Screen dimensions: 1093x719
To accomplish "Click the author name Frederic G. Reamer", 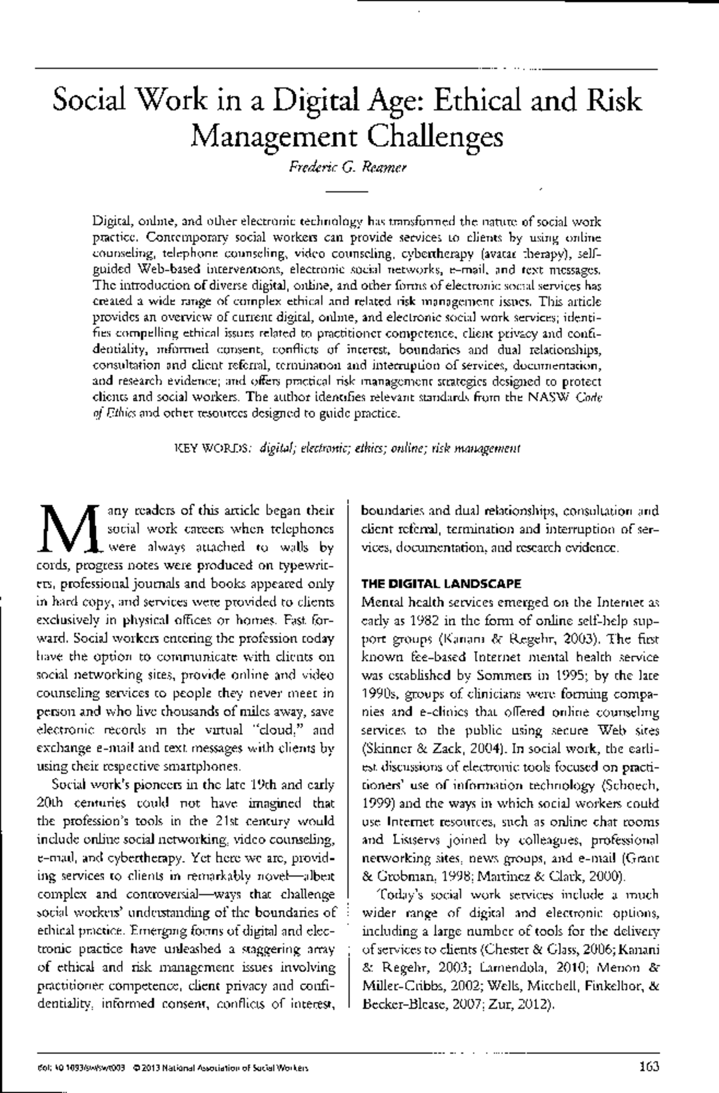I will [x=348, y=168].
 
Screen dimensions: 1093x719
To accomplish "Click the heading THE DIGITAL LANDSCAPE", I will [x=442, y=583].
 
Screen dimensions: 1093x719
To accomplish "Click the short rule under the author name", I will [x=346, y=191].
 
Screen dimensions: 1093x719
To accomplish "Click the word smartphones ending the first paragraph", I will [x=198, y=767].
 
